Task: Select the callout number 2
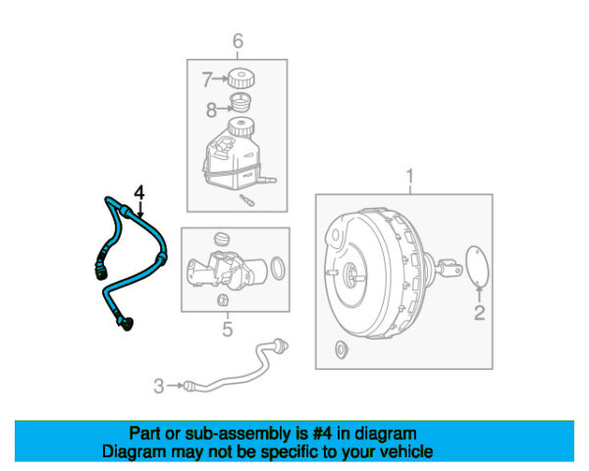(x=479, y=313)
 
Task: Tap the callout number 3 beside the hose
(x=159, y=386)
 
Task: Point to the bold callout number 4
(x=139, y=192)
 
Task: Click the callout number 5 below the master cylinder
(x=228, y=329)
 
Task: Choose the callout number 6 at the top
(x=239, y=40)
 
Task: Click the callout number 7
(x=207, y=79)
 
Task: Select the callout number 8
(x=211, y=109)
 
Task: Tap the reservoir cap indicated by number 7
(x=241, y=78)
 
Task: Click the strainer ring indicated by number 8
(x=241, y=102)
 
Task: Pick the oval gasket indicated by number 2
(x=477, y=266)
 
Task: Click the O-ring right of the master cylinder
(x=278, y=268)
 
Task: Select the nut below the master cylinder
(x=222, y=299)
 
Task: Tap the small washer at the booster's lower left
(x=341, y=350)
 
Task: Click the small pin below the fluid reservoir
(x=247, y=200)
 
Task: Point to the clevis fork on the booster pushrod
(x=450, y=267)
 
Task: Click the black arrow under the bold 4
(x=140, y=210)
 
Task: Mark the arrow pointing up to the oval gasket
(x=479, y=294)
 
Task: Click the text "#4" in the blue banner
(x=322, y=434)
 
